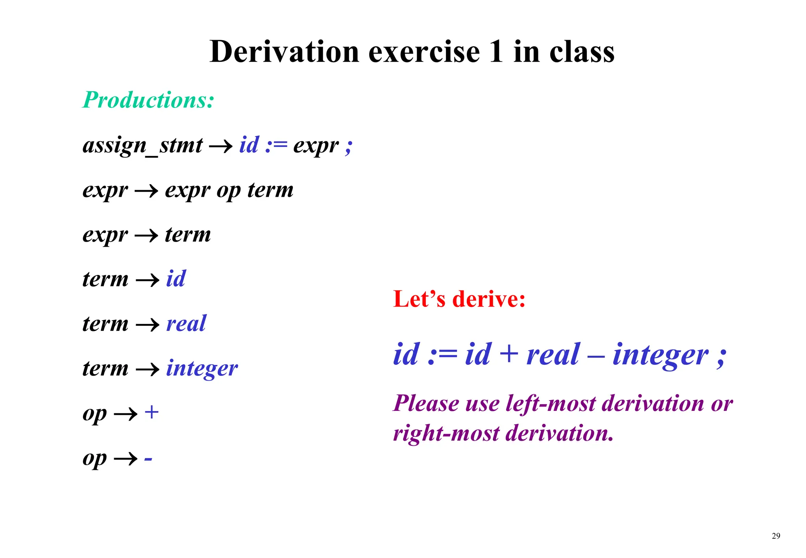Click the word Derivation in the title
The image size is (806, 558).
click(x=284, y=52)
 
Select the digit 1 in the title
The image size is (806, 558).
click(x=496, y=52)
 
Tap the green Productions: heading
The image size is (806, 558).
click(x=148, y=100)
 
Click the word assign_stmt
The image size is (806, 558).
click(x=142, y=146)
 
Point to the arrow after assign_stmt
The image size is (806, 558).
click(x=221, y=147)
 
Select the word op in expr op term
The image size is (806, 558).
click(x=228, y=191)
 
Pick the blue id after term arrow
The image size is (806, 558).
click(x=176, y=279)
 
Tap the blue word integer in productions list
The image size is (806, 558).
click(x=201, y=369)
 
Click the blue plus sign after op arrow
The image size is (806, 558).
click(x=152, y=412)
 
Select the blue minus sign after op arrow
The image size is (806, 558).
click(x=148, y=459)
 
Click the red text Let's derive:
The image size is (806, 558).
click(x=459, y=299)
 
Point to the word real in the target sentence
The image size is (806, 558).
click(x=553, y=354)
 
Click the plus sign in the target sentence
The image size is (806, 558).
click(x=509, y=353)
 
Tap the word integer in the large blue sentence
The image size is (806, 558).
click(x=660, y=355)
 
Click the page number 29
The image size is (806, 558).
click(x=776, y=536)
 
